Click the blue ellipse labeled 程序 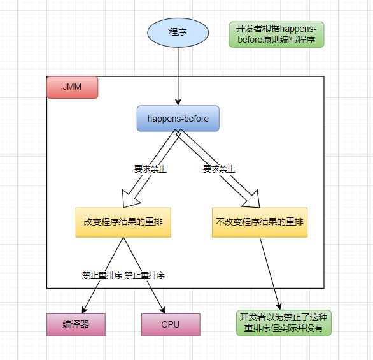(x=178, y=32)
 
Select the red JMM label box (x=73, y=87)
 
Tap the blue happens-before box (x=178, y=119)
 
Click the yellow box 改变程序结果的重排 (x=123, y=222)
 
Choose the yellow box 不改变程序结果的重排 (x=260, y=222)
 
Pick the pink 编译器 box (x=76, y=324)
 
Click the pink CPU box (x=171, y=324)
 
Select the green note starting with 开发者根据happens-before (x=276, y=34)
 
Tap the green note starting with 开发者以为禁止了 (x=284, y=323)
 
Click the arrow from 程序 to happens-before (x=178, y=76)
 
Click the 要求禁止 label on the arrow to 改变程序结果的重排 (x=150, y=169)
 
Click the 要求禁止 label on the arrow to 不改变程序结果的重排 (x=219, y=169)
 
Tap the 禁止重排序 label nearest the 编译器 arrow (x=102, y=276)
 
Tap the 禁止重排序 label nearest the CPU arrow (x=145, y=276)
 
